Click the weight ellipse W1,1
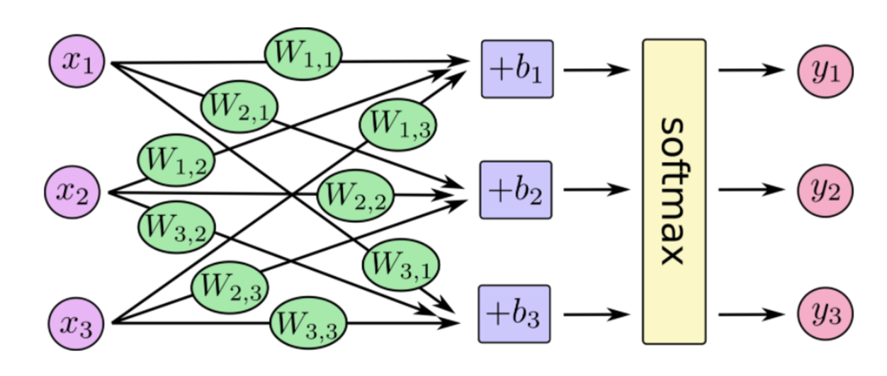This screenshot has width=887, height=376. click(x=303, y=56)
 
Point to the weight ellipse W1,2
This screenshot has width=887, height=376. click(x=175, y=159)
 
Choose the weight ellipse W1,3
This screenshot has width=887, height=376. click(x=397, y=125)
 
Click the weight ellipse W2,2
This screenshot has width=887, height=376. click(x=354, y=195)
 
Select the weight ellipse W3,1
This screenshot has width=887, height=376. click(x=401, y=265)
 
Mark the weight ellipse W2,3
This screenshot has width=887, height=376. click(x=229, y=287)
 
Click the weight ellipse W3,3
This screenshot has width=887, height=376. click(x=309, y=324)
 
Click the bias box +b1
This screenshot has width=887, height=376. click(x=516, y=69)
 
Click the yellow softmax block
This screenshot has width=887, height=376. click(x=674, y=191)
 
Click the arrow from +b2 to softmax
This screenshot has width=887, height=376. click(x=595, y=190)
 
